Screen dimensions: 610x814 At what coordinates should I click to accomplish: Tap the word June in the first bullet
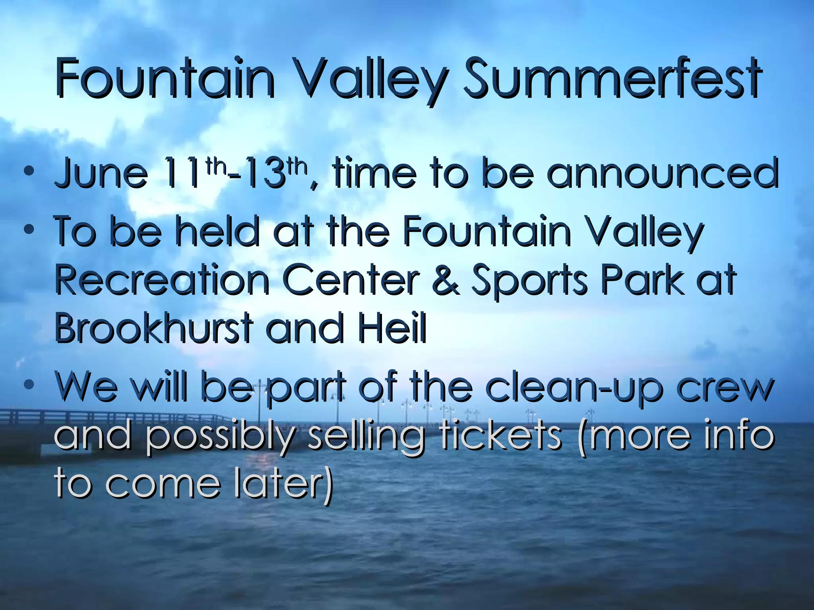click(x=101, y=174)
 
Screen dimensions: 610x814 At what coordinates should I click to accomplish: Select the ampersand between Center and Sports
click(x=445, y=280)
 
